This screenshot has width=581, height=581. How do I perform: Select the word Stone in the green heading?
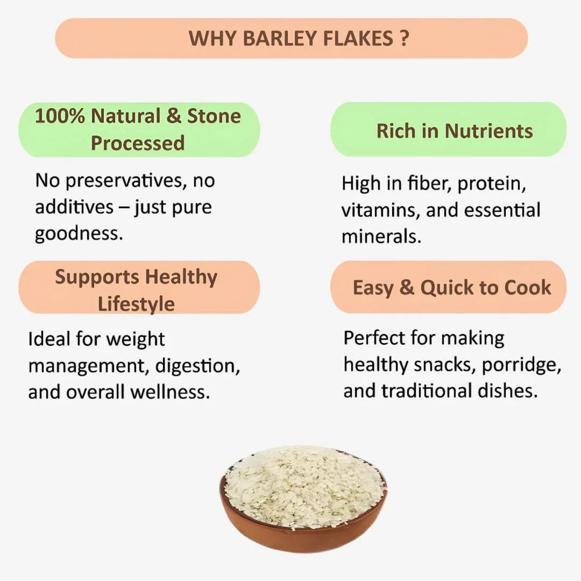pyautogui.click(x=214, y=116)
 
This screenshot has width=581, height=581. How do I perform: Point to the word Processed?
pyautogui.click(x=138, y=143)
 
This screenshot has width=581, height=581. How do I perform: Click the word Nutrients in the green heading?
pyautogui.click(x=488, y=131)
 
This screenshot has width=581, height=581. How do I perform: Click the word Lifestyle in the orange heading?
pyautogui.click(x=136, y=304)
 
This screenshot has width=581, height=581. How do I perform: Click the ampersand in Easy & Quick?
pyautogui.click(x=406, y=287)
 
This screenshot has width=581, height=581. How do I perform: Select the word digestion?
pyautogui.click(x=197, y=366)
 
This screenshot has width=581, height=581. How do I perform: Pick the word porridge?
pyautogui.click(x=521, y=365)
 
